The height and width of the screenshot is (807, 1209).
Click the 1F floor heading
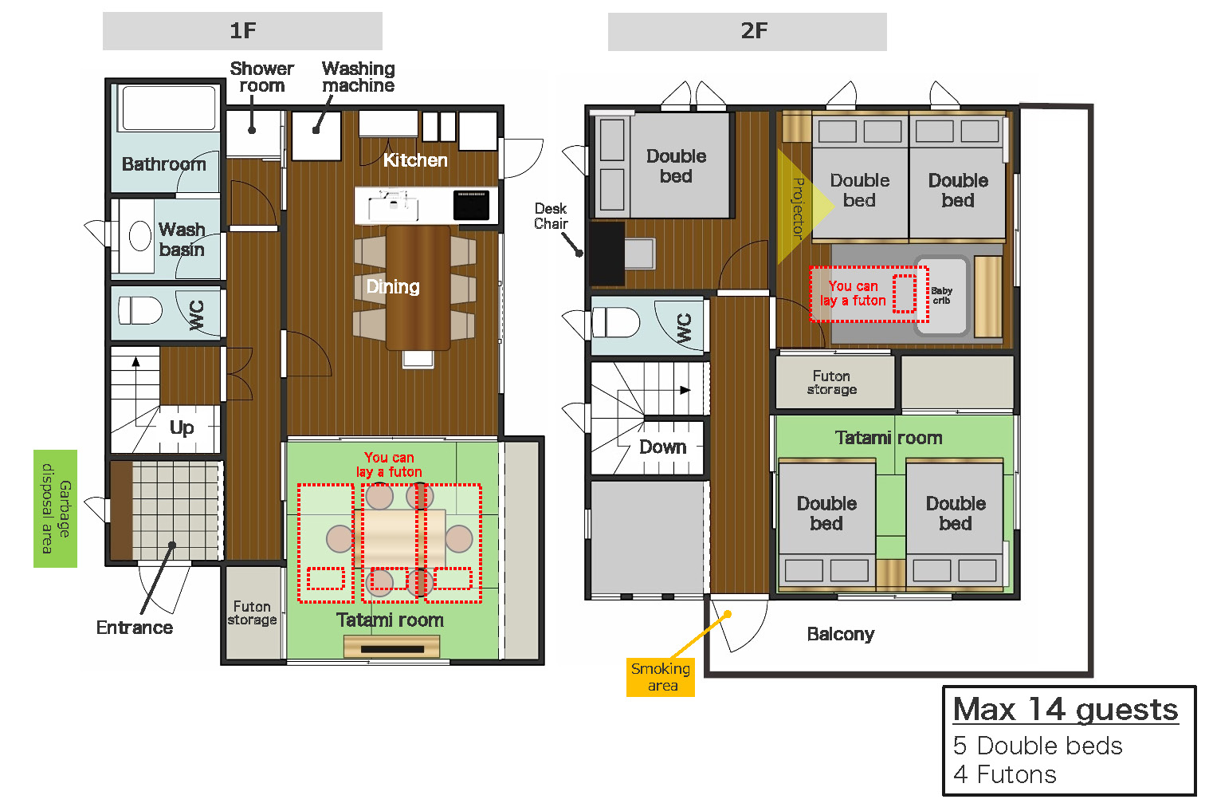pos(242,31)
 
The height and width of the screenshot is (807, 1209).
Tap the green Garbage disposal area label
pos(55,508)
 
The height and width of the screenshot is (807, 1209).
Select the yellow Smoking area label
pos(660,677)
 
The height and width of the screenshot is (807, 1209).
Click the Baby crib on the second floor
pos(941,296)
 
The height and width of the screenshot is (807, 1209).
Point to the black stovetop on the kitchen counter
pos(471,205)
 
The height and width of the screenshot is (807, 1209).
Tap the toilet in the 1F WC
pos(139,310)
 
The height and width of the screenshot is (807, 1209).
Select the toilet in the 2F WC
pos(616,322)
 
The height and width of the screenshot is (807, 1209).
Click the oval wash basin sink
pos(139,236)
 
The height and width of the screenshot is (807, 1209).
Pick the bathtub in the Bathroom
pos(169,108)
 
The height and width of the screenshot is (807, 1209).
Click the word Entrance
pos(135,628)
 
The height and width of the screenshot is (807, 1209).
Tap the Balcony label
pos(840,634)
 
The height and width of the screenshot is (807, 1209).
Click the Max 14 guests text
pos(1066,709)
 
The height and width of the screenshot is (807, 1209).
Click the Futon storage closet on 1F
pos(253,612)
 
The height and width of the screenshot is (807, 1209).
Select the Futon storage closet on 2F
pos(834,382)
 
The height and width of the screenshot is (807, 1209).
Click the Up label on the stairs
pos(182,427)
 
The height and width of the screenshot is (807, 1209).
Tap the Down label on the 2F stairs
pos(663,447)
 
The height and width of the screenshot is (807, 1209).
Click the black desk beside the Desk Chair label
pos(607,254)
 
